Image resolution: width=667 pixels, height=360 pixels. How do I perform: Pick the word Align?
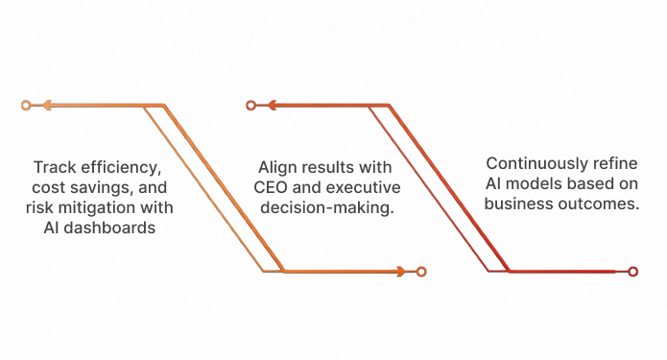(x=277, y=165)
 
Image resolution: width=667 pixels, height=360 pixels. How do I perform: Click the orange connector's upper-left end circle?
(x=26, y=105)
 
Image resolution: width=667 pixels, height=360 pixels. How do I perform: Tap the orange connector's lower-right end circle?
(x=421, y=272)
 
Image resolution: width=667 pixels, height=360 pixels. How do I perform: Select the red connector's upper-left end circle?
(x=250, y=105)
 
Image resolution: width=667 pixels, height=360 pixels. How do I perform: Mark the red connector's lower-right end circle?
(x=632, y=272)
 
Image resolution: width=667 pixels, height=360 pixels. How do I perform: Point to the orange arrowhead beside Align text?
(x=401, y=272)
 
